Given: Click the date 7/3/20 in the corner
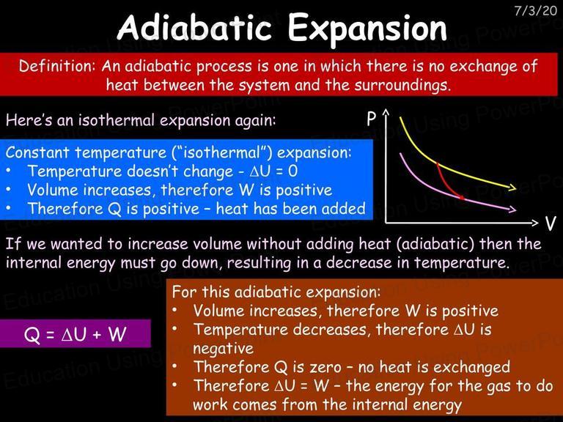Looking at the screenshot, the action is tap(535, 10).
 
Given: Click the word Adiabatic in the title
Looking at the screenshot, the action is tap(194, 28).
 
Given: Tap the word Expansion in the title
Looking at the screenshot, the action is tap(367, 29).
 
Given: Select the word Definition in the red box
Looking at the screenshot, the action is tap(57, 66).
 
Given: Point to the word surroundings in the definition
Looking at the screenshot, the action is tap(402, 86).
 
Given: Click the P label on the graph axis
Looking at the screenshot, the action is tap(372, 119).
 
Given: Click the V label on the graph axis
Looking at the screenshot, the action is tap(550, 223).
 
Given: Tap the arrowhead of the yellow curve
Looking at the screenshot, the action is tap(512, 188).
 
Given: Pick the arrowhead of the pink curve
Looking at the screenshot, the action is tap(512, 210).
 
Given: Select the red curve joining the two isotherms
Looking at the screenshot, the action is tap(446, 184).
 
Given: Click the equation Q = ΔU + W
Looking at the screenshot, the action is tap(75, 334).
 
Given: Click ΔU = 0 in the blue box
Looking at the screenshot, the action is tap(273, 171).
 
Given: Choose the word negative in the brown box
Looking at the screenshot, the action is tap(223, 348).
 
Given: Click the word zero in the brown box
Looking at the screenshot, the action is tap(326, 367).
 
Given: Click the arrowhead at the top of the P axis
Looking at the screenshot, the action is tap(386, 113).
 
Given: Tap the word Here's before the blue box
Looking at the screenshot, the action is tap(29, 120).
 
